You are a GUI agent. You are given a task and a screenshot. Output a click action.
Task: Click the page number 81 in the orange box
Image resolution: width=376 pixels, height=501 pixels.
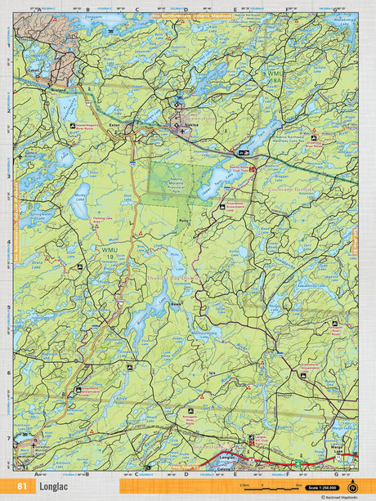point(20,487)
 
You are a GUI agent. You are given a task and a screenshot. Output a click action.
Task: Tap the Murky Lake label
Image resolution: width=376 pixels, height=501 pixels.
point(81,195)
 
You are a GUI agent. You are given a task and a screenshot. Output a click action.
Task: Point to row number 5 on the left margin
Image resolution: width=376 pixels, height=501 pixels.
point(7,308)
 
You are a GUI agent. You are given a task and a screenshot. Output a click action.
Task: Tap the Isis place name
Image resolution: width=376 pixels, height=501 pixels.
point(212,372)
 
